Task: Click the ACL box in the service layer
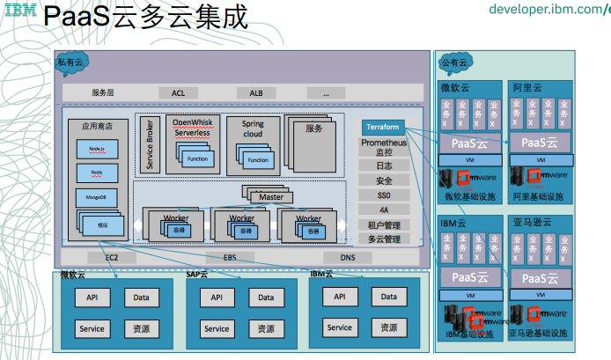tap(179, 92)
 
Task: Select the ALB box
tap(256, 92)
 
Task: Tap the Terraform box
tap(383, 127)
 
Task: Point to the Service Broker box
tap(150, 143)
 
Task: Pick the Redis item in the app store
tap(97, 173)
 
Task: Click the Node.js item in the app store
tap(97, 149)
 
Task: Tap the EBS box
tap(230, 257)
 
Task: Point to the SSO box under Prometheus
tap(383, 195)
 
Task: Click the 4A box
tap(383, 210)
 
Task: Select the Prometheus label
tap(384, 143)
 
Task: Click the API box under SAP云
tap(217, 298)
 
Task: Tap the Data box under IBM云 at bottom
tap(387, 297)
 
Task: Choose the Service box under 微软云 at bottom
tap(92, 329)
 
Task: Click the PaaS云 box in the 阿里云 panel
tap(540, 143)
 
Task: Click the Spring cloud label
tap(253, 129)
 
